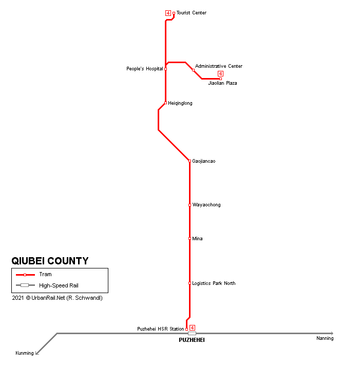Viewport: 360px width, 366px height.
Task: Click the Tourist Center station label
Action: [x=191, y=13]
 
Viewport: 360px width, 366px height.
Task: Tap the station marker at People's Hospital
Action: [x=165, y=69]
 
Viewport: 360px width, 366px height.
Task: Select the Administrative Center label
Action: [x=219, y=66]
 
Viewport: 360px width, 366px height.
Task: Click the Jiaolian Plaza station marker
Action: [x=220, y=79]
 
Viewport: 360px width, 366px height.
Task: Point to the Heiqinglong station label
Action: [x=180, y=103]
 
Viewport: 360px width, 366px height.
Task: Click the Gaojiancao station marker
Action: [x=190, y=161]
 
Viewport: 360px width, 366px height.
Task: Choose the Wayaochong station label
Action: [x=206, y=205]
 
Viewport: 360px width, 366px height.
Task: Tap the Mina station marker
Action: [x=190, y=239]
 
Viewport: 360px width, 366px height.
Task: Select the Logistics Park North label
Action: [x=214, y=283]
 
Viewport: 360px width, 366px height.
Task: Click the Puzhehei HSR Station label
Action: [x=160, y=329]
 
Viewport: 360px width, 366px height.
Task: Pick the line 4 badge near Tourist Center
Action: [x=168, y=13]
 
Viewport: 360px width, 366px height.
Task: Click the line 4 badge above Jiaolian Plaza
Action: [x=220, y=74]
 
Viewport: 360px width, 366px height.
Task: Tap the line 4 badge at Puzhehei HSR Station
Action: [x=192, y=328]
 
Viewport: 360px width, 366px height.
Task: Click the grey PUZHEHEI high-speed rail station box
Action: [x=192, y=333]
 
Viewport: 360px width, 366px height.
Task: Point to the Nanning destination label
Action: [x=325, y=338]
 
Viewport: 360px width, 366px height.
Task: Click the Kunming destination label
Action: [x=25, y=353]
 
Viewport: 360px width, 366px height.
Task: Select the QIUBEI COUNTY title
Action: [x=50, y=261]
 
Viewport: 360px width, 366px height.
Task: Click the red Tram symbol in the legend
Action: [x=25, y=275]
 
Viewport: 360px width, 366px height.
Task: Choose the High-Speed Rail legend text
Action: [x=59, y=285]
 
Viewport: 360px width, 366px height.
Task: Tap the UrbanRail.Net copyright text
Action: [x=57, y=298]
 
